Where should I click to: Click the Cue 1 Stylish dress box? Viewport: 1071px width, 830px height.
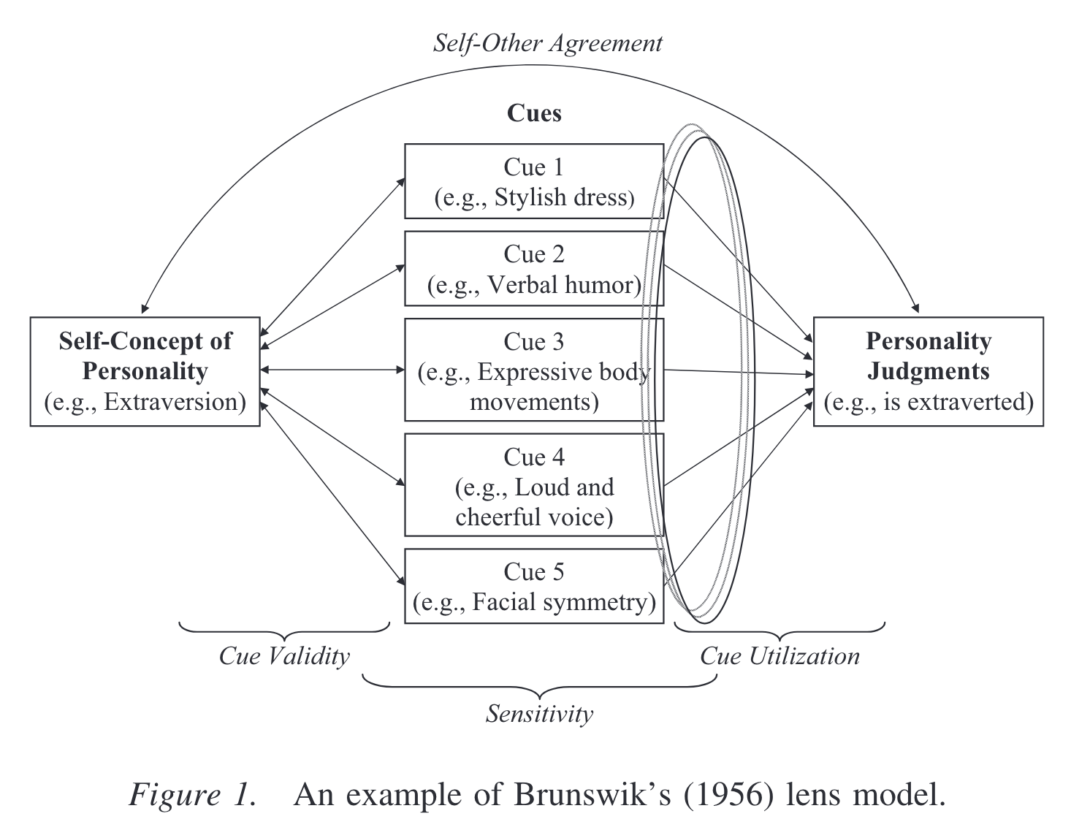tap(534, 181)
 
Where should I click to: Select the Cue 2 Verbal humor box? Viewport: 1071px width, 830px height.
tap(534, 269)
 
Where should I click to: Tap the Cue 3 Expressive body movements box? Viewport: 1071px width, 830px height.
tap(534, 370)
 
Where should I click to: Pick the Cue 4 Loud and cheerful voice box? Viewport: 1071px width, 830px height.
tap(534, 486)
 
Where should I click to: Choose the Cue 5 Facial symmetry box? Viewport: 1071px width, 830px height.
tap(534, 587)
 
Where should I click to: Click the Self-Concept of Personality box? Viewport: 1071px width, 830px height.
tap(145, 371)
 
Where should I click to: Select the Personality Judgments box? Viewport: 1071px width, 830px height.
tap(928, 371)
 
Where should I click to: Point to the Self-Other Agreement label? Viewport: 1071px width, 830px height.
tap(548, 43)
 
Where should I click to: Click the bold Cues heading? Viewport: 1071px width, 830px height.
tap(534, 113)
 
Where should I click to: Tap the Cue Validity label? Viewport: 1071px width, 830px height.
tap(284, 656)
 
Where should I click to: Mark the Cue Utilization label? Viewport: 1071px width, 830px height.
tap(780, 656)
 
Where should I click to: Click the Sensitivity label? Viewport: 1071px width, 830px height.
tap(539, 714)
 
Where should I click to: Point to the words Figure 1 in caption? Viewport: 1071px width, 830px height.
tap(193, 795)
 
